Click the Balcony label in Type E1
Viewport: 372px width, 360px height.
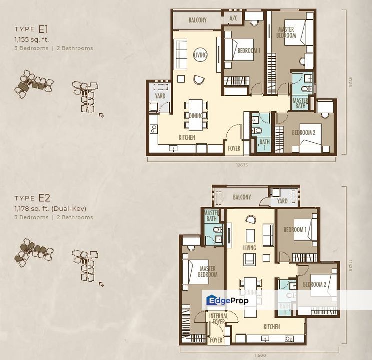pyautogui.click(x=197, y=20)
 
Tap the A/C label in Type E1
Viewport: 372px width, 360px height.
pyautogui.click(x=233, y=19)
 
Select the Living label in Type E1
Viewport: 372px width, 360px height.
pyautogui.click(x=200, y=55)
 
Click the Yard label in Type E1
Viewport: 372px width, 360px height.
pyautogui.click(x=160, y=96)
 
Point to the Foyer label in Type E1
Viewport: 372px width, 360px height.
pyautogui.click(x=234, y=148)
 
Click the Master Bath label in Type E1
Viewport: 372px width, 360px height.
pyautogui.click(x=300, y=103)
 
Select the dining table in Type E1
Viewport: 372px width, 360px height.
pyautogui.click(x=196, y=115)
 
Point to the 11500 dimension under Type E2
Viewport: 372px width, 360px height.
pyautogui.click(x=258, y=354)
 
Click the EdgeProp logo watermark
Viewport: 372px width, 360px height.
pyautogui.click(x=227, y=300)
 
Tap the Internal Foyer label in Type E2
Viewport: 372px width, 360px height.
pyautogui.click(x=218, y=319)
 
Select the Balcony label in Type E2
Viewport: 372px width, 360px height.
pyautogui.click(x=242, y=197)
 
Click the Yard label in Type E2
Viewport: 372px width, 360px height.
pyautogui.click(x=282, y=201)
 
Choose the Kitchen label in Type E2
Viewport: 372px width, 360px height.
pyautogui.click(x=272, y=327)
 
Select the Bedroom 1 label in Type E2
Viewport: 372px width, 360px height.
pyautogui.click(x=294, y=230)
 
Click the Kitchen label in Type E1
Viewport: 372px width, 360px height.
pyautogui.click(x=187, y=137)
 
